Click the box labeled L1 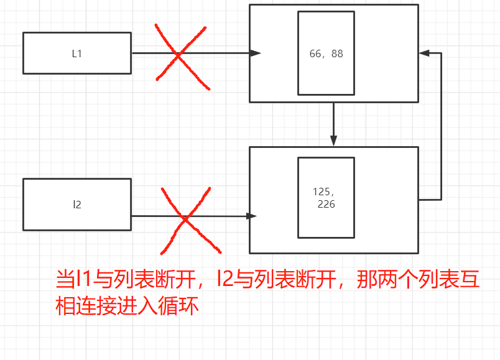click(76, 53)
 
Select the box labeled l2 click(76, 204)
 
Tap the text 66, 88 click(326, 53)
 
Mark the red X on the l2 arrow click(185, 219)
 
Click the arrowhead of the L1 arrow click(255, 53)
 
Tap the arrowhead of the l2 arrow click(252, 216)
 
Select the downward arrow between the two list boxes click(334, 124)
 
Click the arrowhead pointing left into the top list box click(425, 53)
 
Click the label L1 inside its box click(76, 53)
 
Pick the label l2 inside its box click(76, 204)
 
